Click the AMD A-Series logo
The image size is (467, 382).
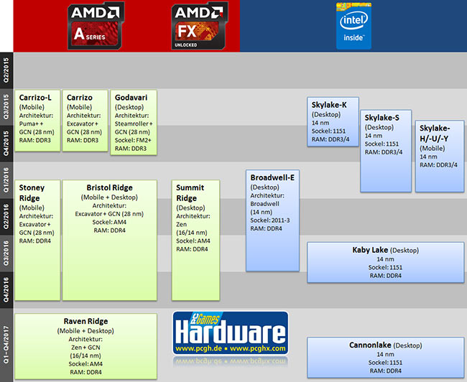coord(95,25)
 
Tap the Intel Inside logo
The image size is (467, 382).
coord(353,25)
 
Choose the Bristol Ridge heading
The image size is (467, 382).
coord(109,187)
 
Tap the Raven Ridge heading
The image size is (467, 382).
coord(85,322)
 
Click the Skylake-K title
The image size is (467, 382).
coord(329,105)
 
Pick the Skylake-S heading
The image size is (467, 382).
coord(386,117)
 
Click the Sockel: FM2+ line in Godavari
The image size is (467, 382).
coord(133,139)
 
